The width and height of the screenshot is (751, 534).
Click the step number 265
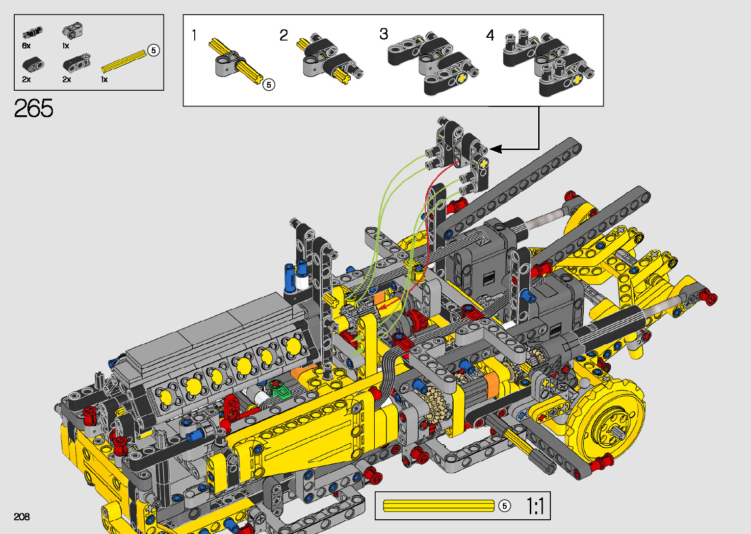click(33, 108)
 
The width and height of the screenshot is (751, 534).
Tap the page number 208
click(22, 516)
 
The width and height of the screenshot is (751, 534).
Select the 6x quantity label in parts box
click(26, 46)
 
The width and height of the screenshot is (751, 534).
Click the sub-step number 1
click(194, 35)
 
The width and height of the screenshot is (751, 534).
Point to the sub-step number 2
click(284, 35)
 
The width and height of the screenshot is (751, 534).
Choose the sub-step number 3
click(384, 34)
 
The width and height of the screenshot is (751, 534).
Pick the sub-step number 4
click(490, 35)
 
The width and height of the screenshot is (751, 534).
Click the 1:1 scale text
click(536, 506)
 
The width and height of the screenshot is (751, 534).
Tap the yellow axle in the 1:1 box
click(439, 506)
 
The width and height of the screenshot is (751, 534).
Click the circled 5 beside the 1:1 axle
click(505, 506)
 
